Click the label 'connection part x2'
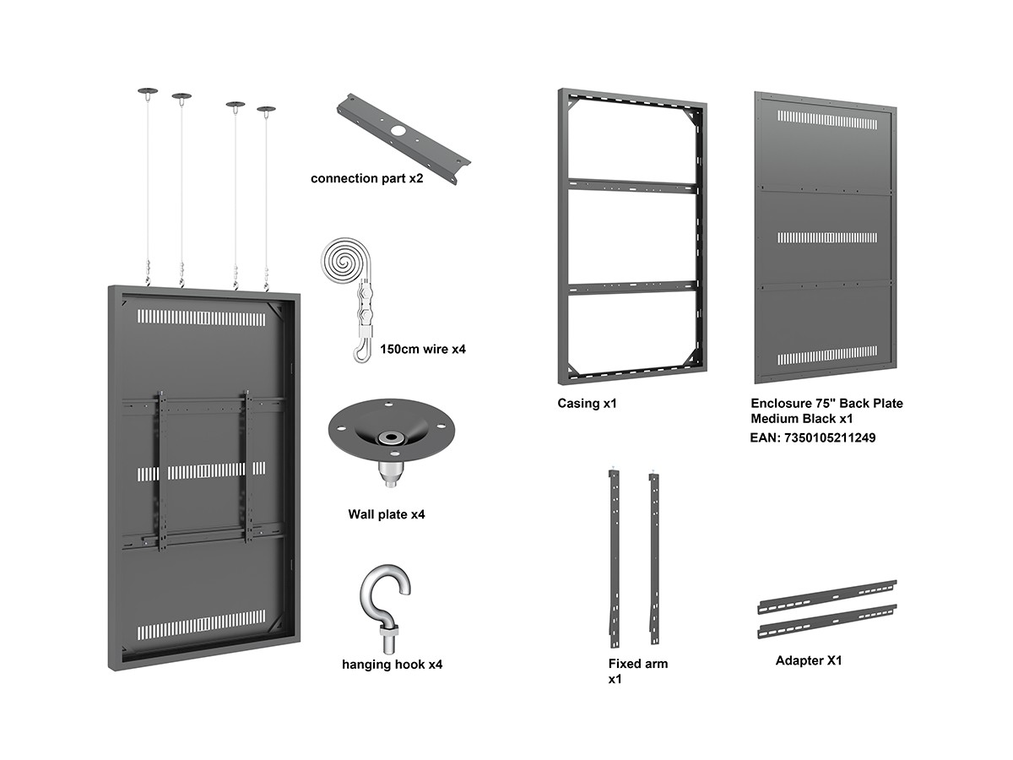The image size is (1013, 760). (366, 179)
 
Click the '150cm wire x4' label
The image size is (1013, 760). (423, 349)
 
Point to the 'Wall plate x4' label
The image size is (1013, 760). (386, 514)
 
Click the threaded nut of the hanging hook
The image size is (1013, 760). (387, 630)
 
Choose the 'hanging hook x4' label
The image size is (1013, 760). (392, 665)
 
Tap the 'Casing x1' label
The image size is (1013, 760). (587, 404)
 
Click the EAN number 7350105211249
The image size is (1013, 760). (806, 438)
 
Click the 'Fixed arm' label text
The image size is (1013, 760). (637, 664)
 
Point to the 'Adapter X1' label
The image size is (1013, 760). (808, 660)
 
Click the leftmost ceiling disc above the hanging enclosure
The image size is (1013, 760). (147, 90)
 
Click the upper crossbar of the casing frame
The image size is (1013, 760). (632, 186)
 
